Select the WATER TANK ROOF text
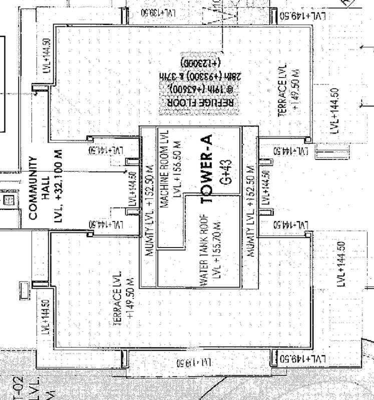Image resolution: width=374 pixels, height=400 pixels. pyautogui.click(x=204, y=251)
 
